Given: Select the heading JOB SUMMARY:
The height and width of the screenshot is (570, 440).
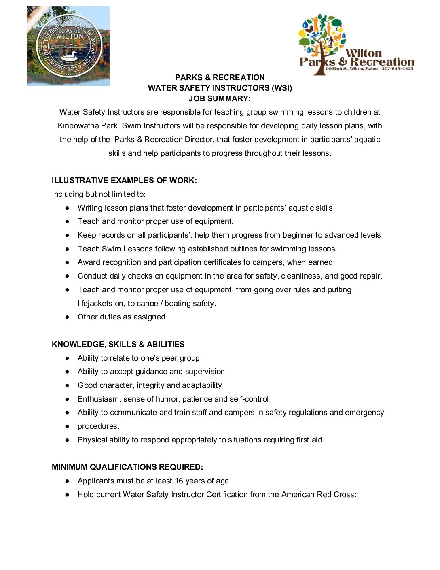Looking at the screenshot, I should pos(220,98).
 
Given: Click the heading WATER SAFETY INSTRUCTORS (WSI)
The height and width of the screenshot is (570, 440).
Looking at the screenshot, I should pos(220,88).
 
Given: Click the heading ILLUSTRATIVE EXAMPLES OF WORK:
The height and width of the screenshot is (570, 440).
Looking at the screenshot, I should pos(124,180).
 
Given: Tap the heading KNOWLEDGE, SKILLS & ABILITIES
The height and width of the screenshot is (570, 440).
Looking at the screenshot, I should pos(118,344).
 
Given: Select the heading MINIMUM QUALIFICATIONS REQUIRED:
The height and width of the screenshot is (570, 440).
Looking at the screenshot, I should pos(127,467).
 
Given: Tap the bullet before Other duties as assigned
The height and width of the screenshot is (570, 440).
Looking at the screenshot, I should pos(68,317).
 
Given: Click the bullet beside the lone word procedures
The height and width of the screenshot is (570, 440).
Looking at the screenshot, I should pos(68,426).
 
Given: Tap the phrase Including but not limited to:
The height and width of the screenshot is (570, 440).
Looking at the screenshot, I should pos(99,194).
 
